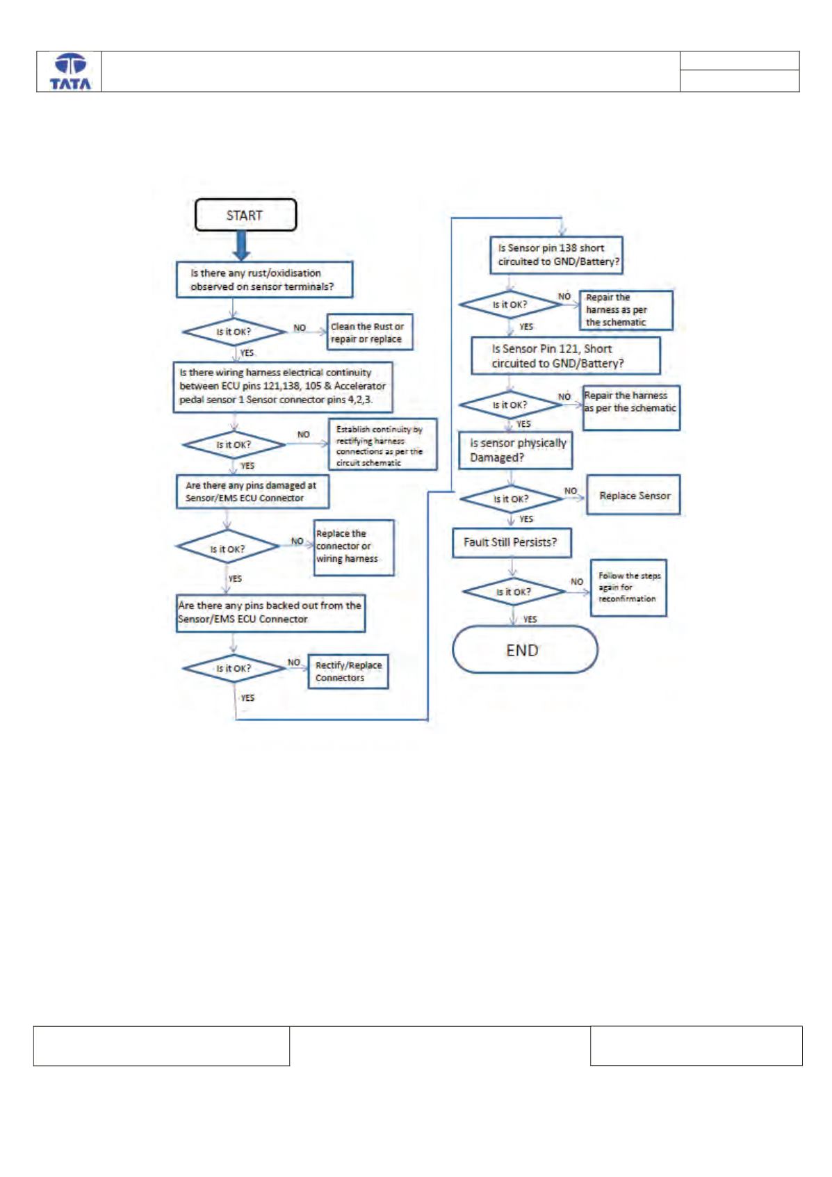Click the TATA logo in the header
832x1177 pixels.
pyautogui.click(x=70, y=72)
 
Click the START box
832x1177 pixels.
pyautogui.click(x=245, y=215)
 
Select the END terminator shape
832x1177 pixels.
pyautogui.click(x=525, y=649)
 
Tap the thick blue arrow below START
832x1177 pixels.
pyautogui.click(x=241, y=245)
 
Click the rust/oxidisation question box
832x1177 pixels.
pyautogui.click(x=264, y=279)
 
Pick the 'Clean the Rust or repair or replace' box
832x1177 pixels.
pyautogui.click(x=370, y=332)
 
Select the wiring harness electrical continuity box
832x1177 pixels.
pyautogui.click(x=283, y=387)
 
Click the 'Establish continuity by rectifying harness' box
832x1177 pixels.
pyautogui.click(x=382, y=444)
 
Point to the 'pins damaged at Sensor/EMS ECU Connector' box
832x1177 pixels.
pyautogui.click(x=252, y=492)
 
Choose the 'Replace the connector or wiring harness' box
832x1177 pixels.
pyautogui.click(x=354, y=548)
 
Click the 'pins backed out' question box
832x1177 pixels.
pyautogui.click(x=270, y=612)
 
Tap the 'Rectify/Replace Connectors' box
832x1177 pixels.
pyautogui.click(x=348, y=671)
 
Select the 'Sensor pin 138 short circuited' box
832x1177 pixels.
pyautogui.click(x=556, y=255)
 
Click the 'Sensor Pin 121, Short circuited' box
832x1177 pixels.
pyautogui.click(x=566, y=356)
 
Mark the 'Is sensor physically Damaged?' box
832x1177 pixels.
pyautogui.click(x=515, y=450)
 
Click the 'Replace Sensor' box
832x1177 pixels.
pyautogui.click(x=633, y=494)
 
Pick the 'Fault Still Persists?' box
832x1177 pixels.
pyautogui.click(x=512, y=543)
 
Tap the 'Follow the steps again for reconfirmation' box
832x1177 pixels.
pyautogui.click(x=628, y=587)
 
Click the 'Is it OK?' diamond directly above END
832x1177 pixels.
pyautogui.click(x=514, y=592)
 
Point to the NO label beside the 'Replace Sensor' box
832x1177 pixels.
pyautogui.click(x=571, y=491)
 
